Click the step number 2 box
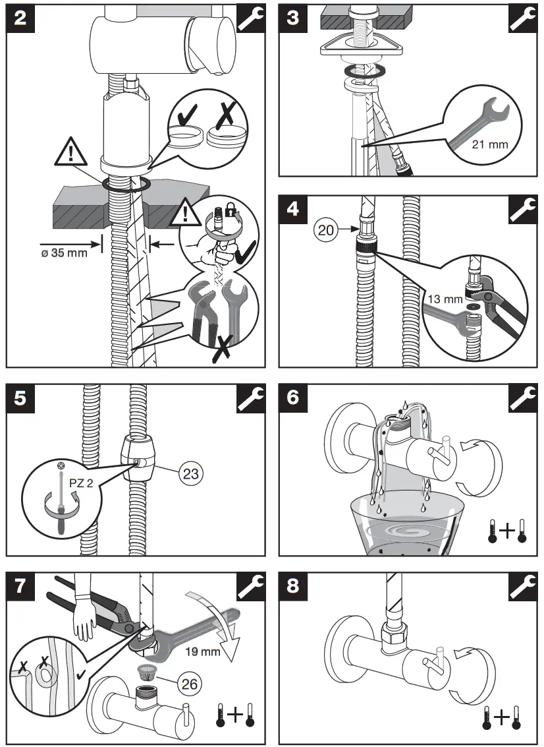point(20,17)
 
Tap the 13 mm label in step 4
point(445,299)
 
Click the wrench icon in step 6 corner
point(524,399)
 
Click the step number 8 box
point(293,585)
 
